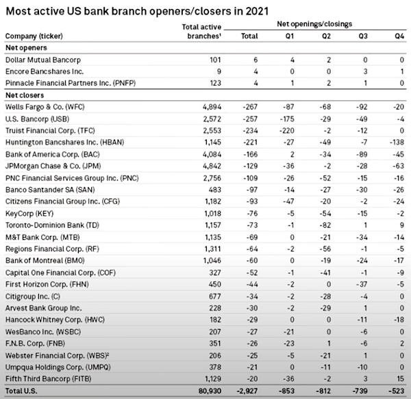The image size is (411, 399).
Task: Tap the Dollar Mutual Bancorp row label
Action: tap(44, 59)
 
